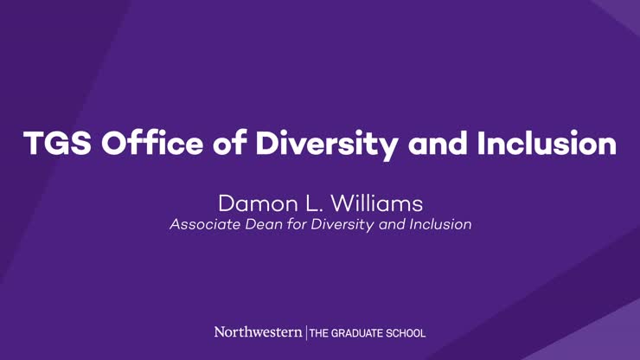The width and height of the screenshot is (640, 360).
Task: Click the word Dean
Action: (x=261, y=225)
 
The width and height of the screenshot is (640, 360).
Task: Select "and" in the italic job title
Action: (x=394, y=225)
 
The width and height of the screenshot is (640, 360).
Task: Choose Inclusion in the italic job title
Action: (x=442, y=225)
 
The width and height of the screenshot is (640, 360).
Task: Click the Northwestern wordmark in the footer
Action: (x=258, y=332)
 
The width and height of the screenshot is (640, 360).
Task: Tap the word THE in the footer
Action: (x=320, y=333)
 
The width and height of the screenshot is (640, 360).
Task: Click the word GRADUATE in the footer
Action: (x=360, y=333)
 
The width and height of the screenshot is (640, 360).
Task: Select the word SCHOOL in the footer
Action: (x=406, y=333)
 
